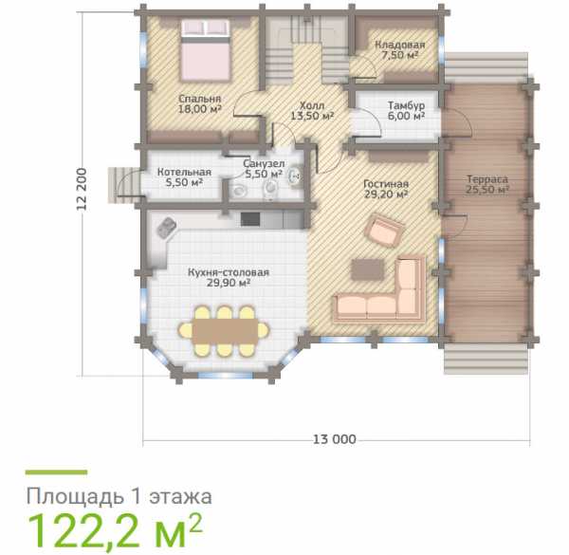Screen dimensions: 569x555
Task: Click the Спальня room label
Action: click(x=199, y=99)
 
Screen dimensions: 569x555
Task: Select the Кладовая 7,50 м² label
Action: click(x=399, y=49)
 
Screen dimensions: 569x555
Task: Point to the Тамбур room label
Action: click(x=406, y=105)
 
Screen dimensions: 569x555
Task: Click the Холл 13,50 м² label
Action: click(x=312, y=111)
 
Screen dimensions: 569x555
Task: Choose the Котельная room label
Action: click(x=184, y=172)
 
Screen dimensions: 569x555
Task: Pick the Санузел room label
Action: click(x=264, y=163)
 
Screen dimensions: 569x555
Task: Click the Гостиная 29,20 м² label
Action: click(x=386, y=189)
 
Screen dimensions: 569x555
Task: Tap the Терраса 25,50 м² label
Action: click(x=487, y=184)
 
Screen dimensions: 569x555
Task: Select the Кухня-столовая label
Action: click(x=229, y=272)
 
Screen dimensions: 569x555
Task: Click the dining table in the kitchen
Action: click(x=224, y=331)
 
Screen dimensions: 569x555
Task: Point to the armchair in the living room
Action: click(x=385, y=231)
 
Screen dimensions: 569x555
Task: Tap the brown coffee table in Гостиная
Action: click(x=368, y=269)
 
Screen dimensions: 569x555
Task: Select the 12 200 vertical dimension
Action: click(x=82, y=189)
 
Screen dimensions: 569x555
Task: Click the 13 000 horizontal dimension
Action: click(x=334, y=439)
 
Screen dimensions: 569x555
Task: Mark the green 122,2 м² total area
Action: click(x=115, y=533)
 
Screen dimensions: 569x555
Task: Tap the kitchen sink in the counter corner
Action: click(x=166, y=228)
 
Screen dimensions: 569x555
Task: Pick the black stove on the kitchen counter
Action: click(x=250, y=219)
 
